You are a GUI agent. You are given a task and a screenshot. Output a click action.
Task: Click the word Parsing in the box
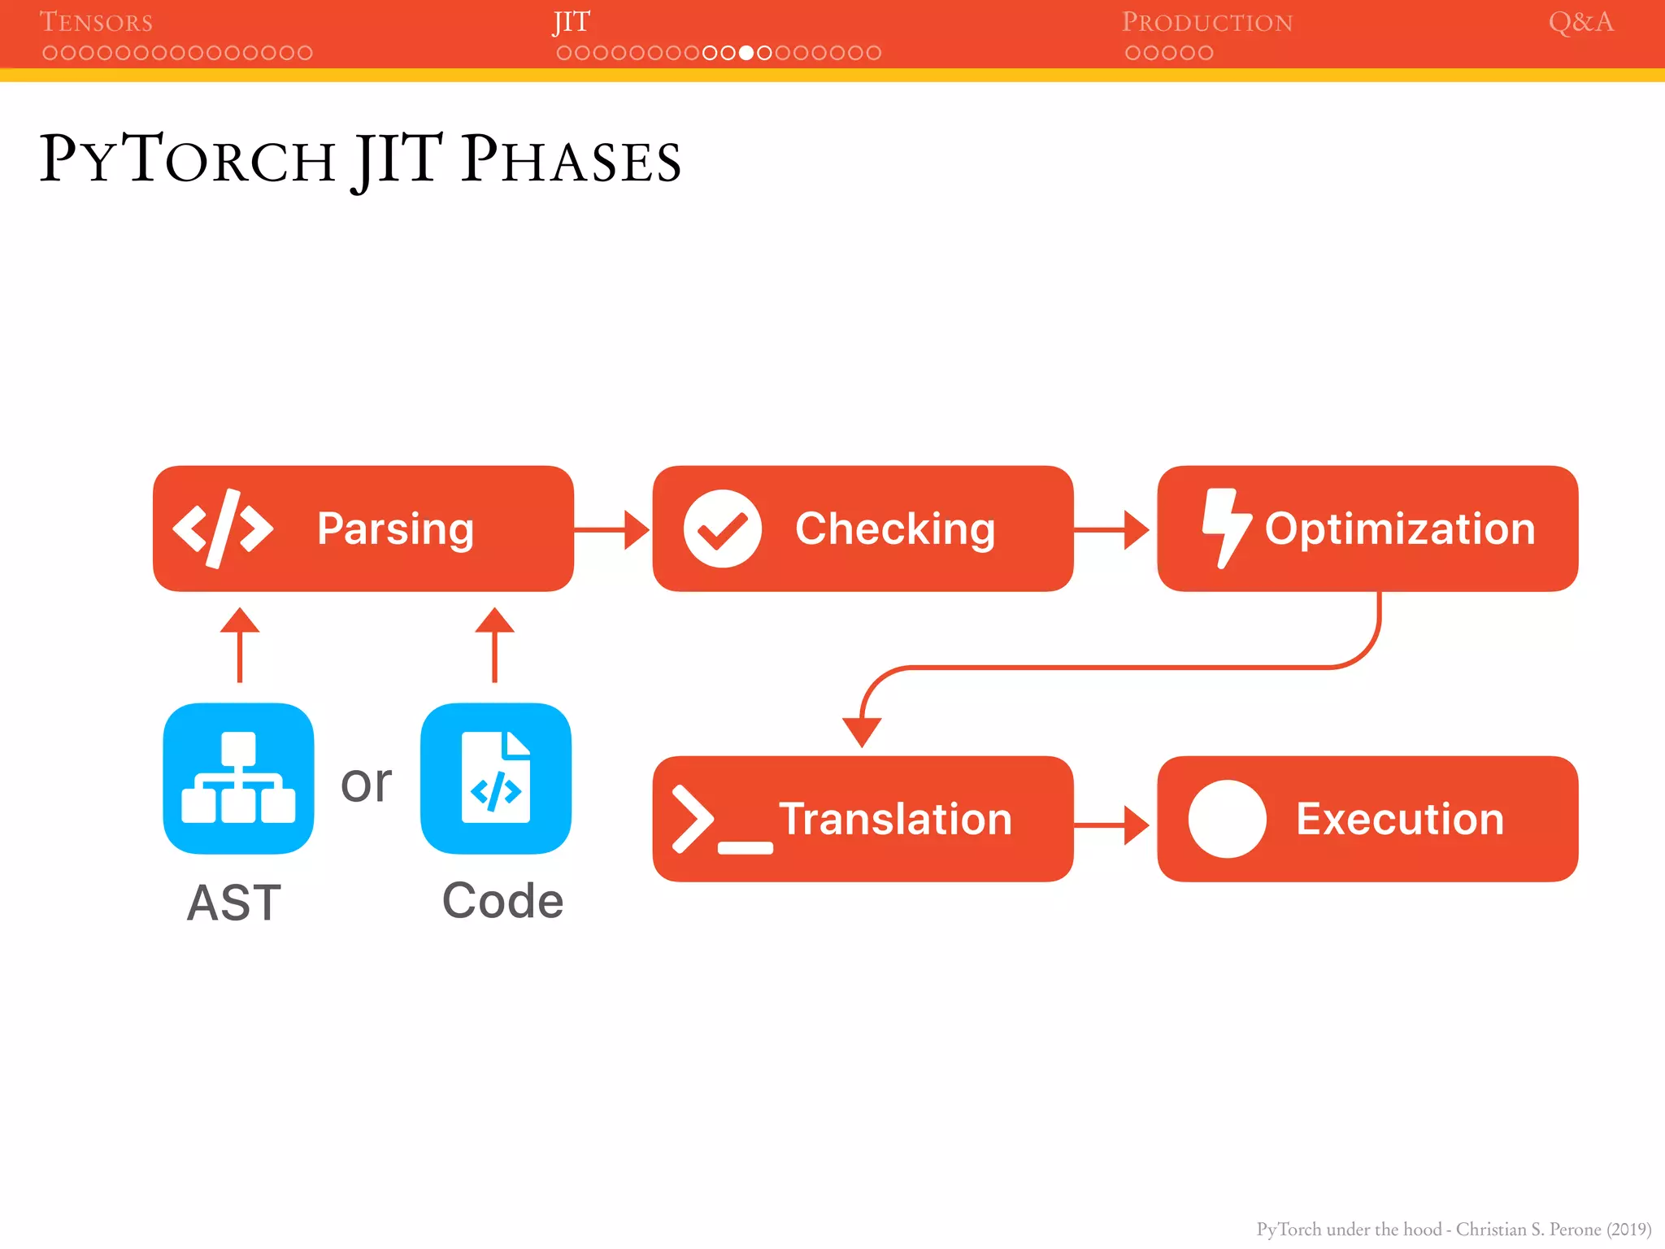tap(395, 529)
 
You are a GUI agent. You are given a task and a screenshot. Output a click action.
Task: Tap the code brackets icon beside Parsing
tap(223, 529)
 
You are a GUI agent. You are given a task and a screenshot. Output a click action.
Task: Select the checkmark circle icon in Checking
tap(722, 529)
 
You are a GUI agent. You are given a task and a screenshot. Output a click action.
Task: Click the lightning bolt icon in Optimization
tap(1225, 528)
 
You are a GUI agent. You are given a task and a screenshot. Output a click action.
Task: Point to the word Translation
tap(895, 819)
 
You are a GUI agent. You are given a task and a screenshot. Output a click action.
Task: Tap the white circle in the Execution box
tap(1227, 819)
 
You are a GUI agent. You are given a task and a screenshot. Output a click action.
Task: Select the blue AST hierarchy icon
tap(238, 778)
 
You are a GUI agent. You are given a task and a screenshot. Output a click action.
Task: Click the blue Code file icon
tap(495, 778)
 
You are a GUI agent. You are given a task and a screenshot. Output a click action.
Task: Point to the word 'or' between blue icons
tap(366, 784)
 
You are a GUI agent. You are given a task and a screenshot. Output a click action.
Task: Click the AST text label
tap(234, 903)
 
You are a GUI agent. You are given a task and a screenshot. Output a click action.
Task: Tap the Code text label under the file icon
tap(502, 901)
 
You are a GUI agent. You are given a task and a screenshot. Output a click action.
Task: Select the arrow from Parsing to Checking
tap(611, 529)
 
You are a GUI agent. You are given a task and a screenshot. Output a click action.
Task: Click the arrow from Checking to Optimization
tap(1111, 529)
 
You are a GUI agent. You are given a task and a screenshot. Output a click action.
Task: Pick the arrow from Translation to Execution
tap(1111, 825)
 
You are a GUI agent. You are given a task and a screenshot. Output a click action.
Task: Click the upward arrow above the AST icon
tap(240, 643)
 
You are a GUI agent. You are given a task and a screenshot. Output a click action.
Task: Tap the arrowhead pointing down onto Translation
tap(862, 731)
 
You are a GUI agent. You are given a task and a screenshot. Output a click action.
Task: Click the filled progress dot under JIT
tap(746, 53)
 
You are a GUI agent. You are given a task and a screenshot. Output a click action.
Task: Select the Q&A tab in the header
tap(1580, 22)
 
